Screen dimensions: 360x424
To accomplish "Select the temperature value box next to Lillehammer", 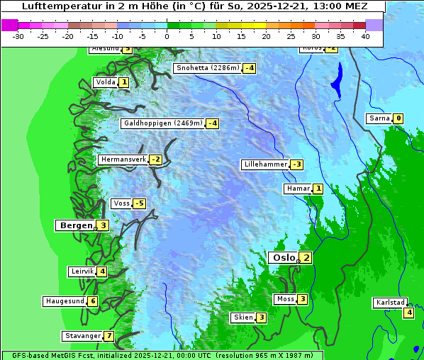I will point(296,164).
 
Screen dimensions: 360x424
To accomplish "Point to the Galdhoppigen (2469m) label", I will point(163,123).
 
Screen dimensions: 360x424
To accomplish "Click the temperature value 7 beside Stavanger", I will point(108,336).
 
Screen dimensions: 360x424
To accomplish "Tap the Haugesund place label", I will point(65,301).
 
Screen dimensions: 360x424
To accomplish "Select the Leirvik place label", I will point(82,271).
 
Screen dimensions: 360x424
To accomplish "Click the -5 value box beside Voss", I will point(139,204).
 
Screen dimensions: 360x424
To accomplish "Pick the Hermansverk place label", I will point(123,159).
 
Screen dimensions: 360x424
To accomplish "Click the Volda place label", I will point(104,82).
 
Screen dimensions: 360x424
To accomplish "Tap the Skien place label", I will point(243,317).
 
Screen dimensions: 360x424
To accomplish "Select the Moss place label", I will point(284,299).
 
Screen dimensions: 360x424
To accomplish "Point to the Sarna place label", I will point(379,118).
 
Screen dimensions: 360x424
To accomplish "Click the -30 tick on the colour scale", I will point(18,36).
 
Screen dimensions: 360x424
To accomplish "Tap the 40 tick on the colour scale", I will point(365,36).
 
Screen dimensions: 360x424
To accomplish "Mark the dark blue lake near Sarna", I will point(336,80).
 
